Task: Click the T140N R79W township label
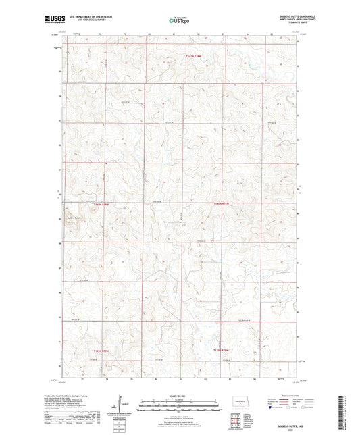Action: [99, 203]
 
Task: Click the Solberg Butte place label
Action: [74, 218]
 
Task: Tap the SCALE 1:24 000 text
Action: [179, 395]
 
